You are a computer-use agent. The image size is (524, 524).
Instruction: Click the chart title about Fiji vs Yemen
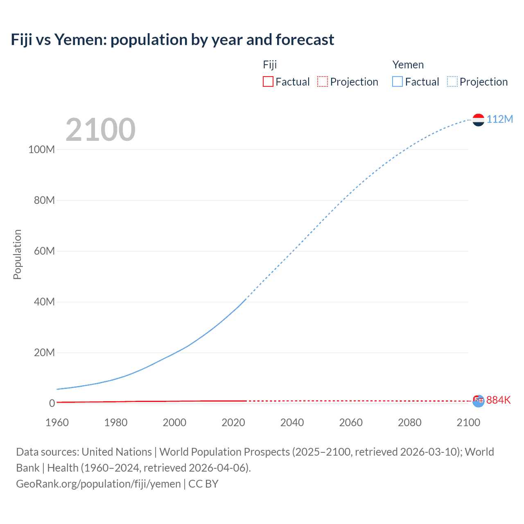coord(172,40)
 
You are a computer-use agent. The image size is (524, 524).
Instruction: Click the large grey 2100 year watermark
coord(100,130)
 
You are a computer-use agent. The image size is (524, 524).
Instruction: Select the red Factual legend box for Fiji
coord(268,81)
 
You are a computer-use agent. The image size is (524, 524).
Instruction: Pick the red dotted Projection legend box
coord(323,81)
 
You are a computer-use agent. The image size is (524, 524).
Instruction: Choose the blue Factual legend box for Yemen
coord(397,81)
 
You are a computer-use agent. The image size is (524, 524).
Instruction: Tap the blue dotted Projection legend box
coord(452,81)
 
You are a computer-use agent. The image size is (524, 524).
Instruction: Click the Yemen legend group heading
coord(408,65)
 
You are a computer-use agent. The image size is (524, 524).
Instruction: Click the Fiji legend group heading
coord(270,65)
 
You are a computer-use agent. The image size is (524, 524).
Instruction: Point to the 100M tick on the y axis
coord(41,149)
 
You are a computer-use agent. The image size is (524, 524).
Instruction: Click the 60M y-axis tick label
coord(44,251)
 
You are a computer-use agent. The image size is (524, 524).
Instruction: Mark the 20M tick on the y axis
coord(44,352)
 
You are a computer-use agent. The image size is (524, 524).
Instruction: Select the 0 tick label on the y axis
coord(52,403)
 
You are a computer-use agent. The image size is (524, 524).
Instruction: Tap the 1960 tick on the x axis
coord(57,422)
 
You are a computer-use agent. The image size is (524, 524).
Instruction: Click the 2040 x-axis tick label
coord(292,422)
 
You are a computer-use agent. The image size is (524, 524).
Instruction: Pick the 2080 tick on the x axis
coord(409,422)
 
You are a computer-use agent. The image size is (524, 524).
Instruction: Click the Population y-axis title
coord(17,254)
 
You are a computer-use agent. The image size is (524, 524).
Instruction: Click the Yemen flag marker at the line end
coord(478,120)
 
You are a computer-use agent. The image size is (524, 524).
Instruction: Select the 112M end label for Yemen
coord(499,119)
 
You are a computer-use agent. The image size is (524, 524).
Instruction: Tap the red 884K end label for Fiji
coord(498,400)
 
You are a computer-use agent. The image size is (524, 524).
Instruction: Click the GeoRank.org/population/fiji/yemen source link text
coord(98,483)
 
